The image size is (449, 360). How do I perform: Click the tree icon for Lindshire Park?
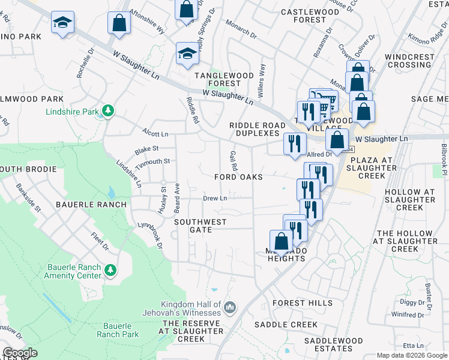point(108,110)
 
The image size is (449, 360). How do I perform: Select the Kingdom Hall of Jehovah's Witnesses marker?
point(229,308)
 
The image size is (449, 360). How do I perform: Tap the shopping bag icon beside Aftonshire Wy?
point(119,23)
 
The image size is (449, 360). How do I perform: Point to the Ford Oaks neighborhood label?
point(239,178)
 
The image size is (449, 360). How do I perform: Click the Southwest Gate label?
point(200,226)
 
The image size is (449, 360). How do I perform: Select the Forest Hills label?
point(302,303)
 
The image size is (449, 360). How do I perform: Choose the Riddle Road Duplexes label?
point(258,129)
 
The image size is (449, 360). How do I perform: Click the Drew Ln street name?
point(215,198)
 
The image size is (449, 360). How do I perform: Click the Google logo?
point(20,353)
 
